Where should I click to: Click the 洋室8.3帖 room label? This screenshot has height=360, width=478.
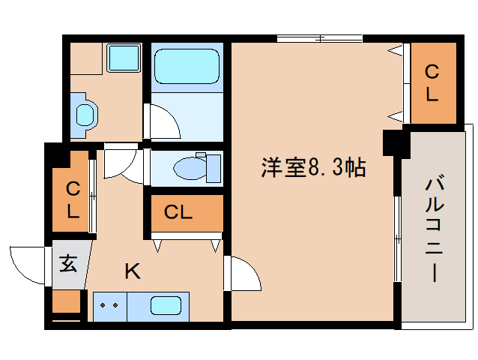tap(312, 168)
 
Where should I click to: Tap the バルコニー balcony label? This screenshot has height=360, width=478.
tap(434, 229)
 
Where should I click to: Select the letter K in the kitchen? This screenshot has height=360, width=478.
tap(133, 271)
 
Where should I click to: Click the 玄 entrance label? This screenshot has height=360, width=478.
tap(68, 263)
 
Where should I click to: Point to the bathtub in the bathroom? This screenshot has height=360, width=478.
tap(186, 67)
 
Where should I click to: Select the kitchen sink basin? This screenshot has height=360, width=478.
tap(166, 306)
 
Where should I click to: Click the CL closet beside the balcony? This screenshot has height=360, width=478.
tap(432, 82)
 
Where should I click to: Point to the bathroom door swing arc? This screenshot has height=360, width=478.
tap(163, 121)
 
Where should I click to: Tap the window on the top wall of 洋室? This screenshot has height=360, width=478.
tap(319, 38)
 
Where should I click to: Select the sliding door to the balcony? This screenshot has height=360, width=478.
tap(396, 240)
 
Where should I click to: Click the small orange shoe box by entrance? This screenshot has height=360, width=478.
tap(67, 301)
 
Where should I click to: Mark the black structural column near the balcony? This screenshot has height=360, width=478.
tap(392, 142)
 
